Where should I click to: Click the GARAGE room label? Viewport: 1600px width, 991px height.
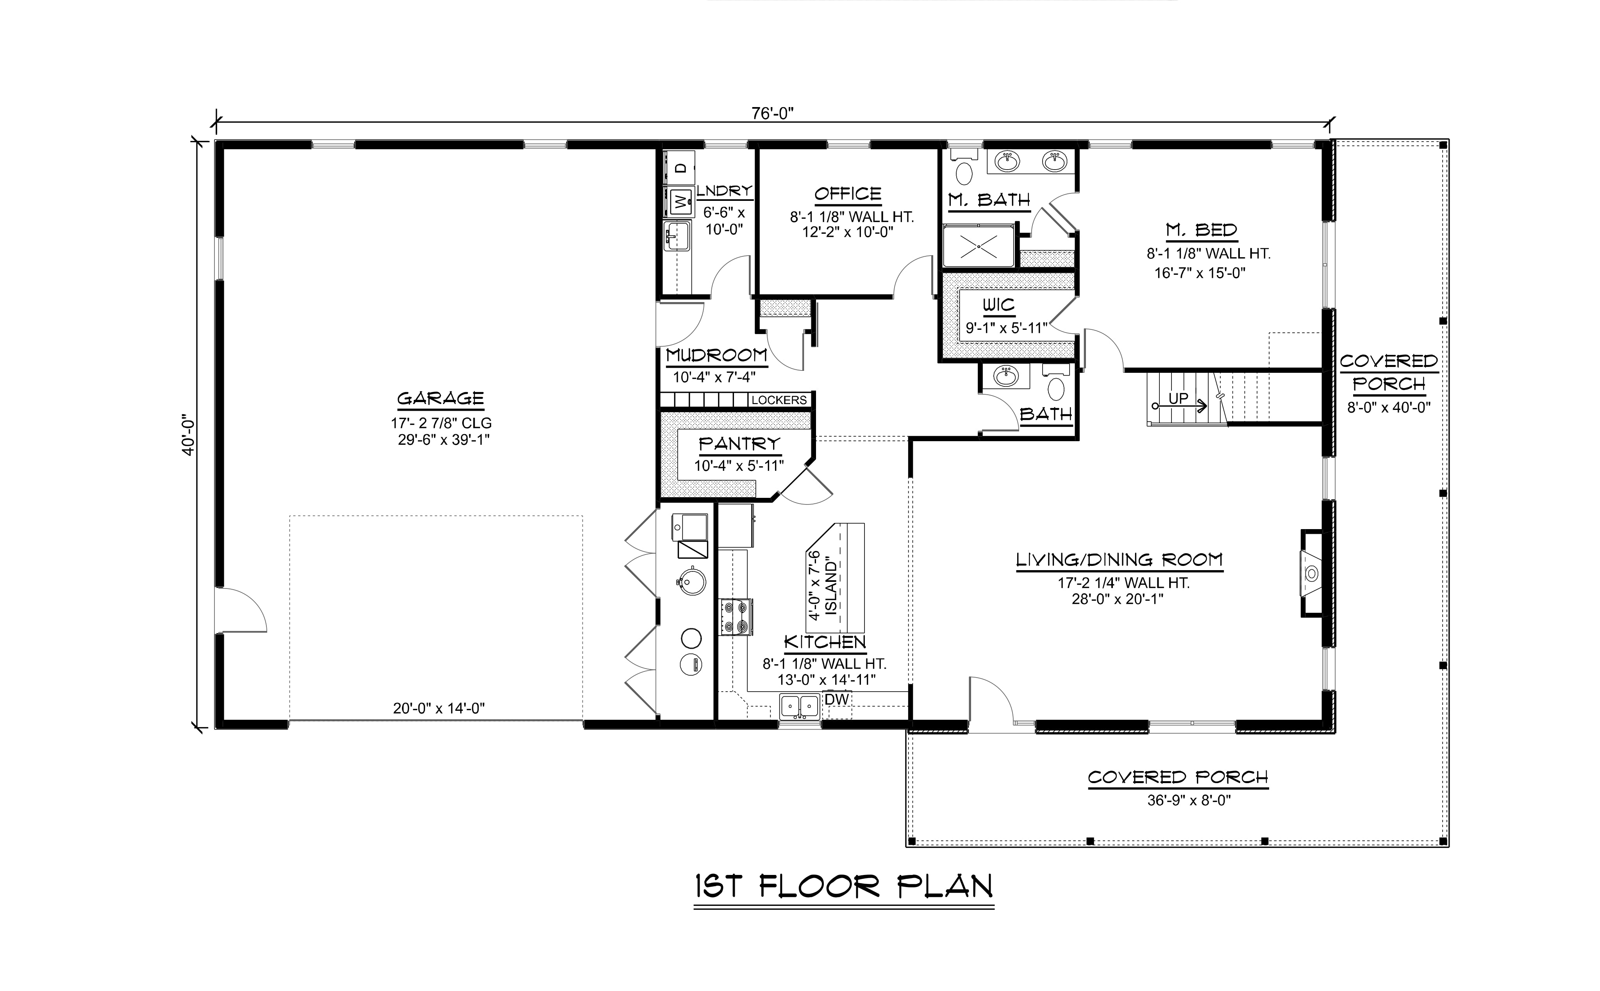[x=440, y=398]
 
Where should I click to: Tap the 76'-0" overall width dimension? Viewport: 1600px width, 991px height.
[x=773, y=113]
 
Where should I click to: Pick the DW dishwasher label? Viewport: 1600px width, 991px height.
[x=837, y=699]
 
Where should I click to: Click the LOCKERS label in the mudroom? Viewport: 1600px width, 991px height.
[x=779, y=400]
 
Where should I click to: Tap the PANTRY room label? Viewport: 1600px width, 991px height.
[x=739, y=444]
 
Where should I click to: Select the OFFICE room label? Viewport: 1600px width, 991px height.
[x=848, y=193]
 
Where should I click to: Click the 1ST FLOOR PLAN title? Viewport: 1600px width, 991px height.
[x=844, y=887]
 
